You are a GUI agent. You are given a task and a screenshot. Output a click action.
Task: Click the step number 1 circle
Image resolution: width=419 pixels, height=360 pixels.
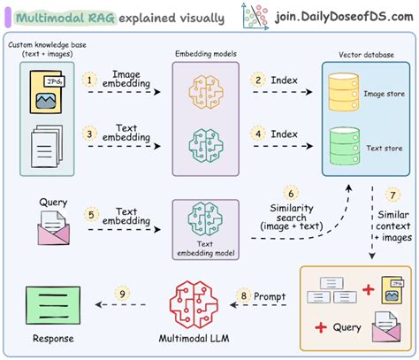[x=89, y=80]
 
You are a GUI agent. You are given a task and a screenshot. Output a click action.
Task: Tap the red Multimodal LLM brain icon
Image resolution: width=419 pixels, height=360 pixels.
[x=194, y=291]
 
